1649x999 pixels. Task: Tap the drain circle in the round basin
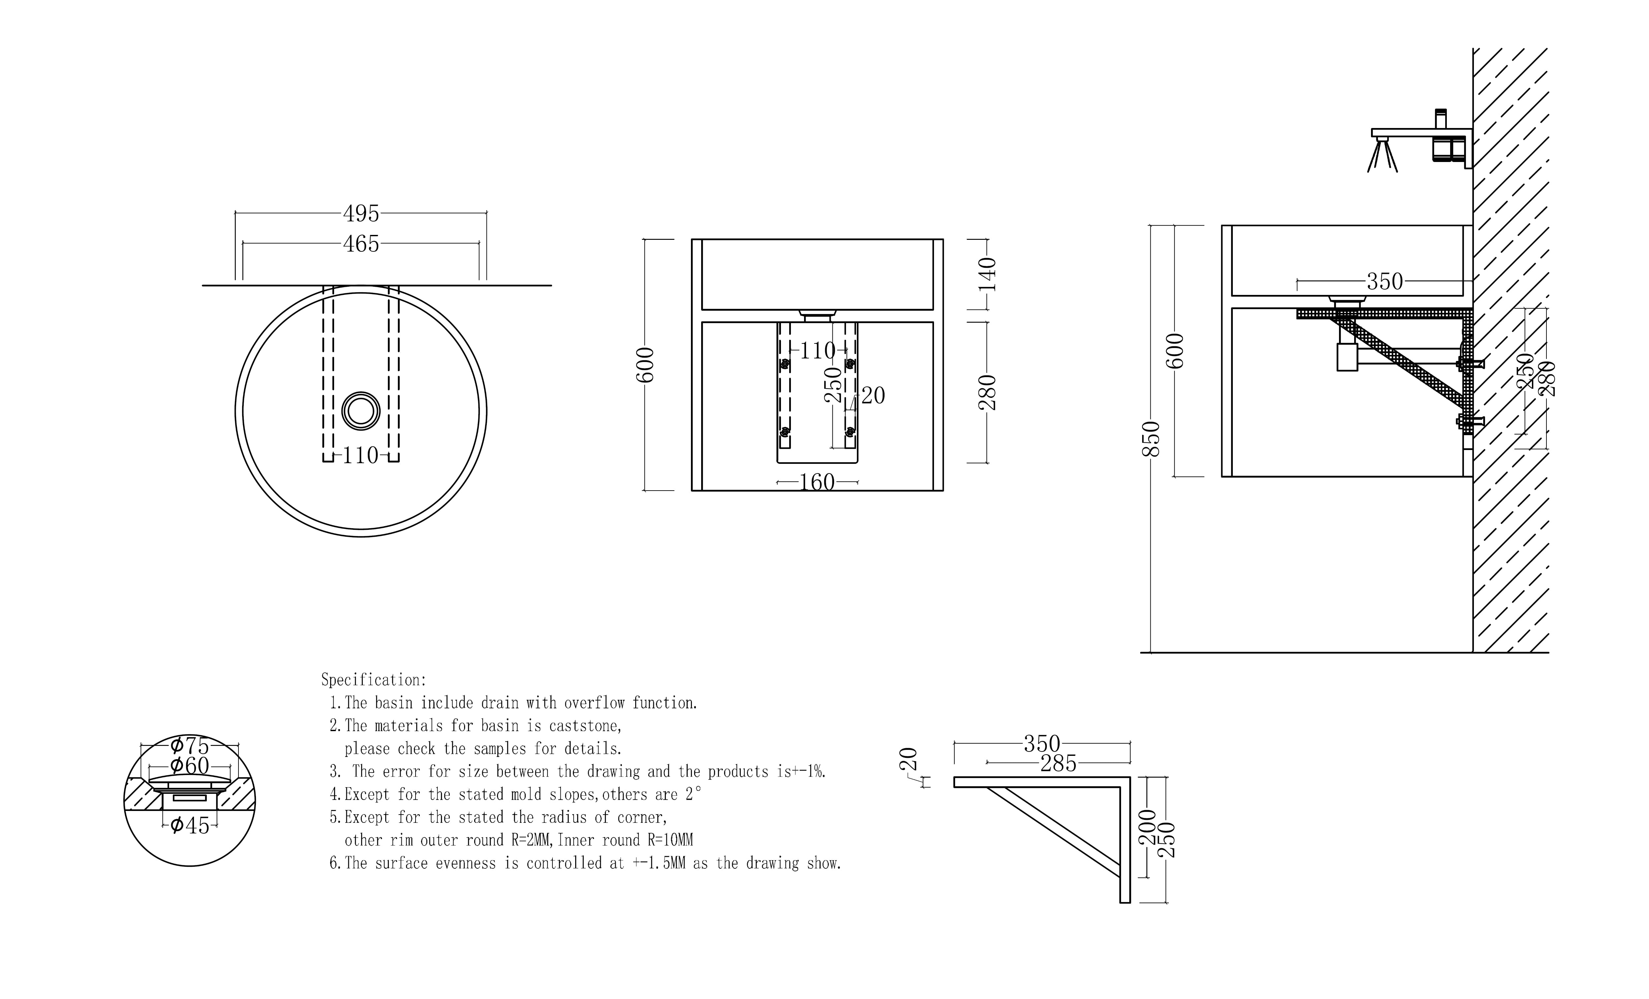361,410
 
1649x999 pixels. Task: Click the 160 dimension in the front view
817,482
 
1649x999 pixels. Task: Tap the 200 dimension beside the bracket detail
1147,827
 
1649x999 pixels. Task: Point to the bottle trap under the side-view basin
1347,356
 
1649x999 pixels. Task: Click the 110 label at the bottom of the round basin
361,455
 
